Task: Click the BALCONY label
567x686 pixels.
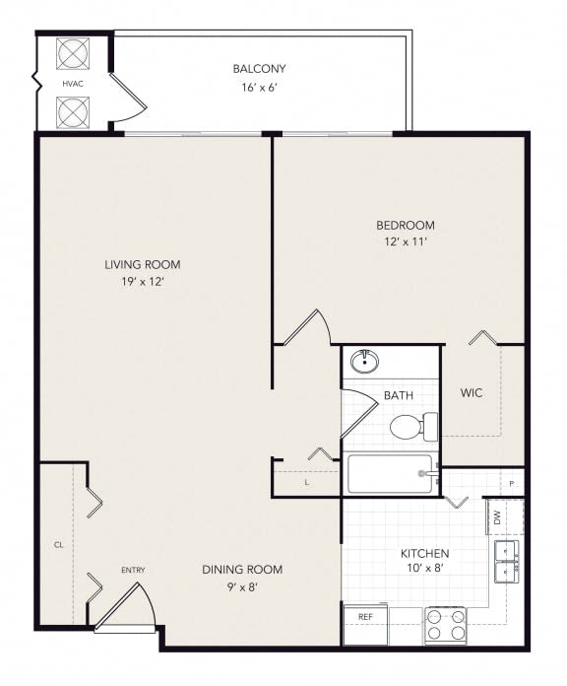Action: tap(259, 69)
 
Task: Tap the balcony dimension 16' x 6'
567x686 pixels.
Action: tap(259, 87)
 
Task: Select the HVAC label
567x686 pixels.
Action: tap(72, 85)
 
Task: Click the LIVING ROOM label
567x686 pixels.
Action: tap(143, 264)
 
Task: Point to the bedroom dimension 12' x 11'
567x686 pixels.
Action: tap(404, 241)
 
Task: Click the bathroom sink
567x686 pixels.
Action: tap(365, 361)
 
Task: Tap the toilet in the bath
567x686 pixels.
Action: tap(409, 427)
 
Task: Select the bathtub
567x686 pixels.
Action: tap(390, 474)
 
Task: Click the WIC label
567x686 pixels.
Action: tap(472, 392)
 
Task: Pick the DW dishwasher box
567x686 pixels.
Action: tap(497, 517)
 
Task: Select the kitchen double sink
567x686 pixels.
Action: tap(507, 559)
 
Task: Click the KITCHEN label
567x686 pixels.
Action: tap(425, 554)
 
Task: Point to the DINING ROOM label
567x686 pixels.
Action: tap(242, 570)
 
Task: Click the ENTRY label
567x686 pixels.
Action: tap(133, 571)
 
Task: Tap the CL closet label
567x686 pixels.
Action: tap(58, 543)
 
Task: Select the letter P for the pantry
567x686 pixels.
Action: tap(512, 483)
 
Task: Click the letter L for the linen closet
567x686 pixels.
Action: tap(307, 482)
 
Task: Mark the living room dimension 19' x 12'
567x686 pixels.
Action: tap(143, 282)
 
